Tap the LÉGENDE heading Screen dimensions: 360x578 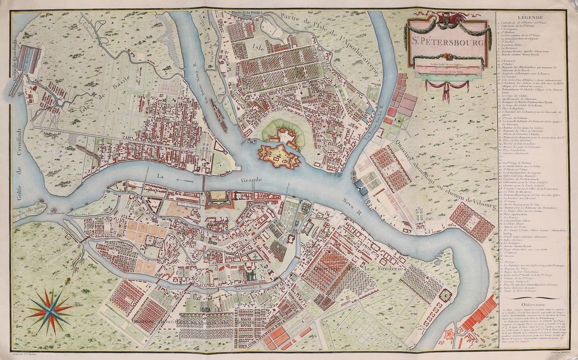click(x=529, y=17)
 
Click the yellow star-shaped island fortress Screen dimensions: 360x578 click(x=278, y=156)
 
